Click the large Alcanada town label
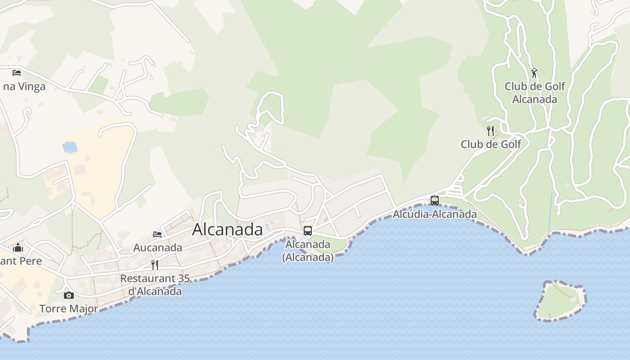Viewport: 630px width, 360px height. [227, 229]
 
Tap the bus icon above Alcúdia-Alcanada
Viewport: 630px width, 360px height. [434, 201]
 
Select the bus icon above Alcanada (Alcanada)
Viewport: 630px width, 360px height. [308, 231]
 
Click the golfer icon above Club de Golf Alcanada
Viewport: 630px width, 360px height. [534, 73]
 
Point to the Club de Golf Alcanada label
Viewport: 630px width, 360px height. [535, 93]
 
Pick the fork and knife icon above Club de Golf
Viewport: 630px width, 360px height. [490, 131]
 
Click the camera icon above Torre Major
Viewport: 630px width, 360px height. [69, 295]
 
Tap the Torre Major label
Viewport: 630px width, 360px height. [69, 309]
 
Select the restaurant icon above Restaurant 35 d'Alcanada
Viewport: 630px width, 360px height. [155, 265]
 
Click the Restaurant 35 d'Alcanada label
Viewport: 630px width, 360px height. [155, 285]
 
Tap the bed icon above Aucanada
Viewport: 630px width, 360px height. [157, 234]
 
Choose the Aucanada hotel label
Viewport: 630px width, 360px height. [157, 247]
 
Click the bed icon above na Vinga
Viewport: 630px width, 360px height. [17, 72]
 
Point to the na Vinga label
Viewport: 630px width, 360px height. [24, 86]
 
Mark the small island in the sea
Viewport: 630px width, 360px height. [561, 301]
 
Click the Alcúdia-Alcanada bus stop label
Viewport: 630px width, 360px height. [435, 214]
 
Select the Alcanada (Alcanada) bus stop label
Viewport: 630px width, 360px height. [308, 251]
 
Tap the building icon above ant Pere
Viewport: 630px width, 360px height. [18, 247]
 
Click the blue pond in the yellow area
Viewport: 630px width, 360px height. [70, 147]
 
